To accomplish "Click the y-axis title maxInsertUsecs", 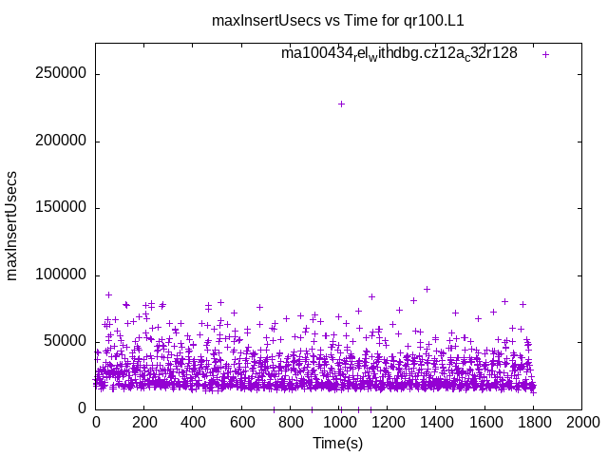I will (x=12, y=226).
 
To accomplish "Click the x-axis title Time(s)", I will (x=337, y=443).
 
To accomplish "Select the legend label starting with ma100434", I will (x=399, y=53).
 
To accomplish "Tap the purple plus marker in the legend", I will (x=545, y=54).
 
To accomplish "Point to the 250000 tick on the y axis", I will (x=61, y=74).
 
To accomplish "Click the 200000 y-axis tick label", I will (x=61, y=141).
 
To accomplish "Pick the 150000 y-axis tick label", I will (x=61, y=208).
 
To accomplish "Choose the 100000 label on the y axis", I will (x=61, y=275).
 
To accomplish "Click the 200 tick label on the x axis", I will (x=143, y=421).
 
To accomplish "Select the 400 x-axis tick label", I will (x=193, y=421).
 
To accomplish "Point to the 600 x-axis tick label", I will (x=241, y=421).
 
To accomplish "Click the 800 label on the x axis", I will (x=291, y=421).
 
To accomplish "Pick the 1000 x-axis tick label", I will (x=339, y=421).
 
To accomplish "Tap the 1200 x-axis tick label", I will (x=388, y=421).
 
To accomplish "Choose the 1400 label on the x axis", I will (x=436, y=421).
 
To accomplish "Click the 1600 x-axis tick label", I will (x=485, y=421).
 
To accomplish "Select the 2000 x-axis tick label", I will (x=582, y=421).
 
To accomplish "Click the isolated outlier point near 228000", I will (x=341, y=104).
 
